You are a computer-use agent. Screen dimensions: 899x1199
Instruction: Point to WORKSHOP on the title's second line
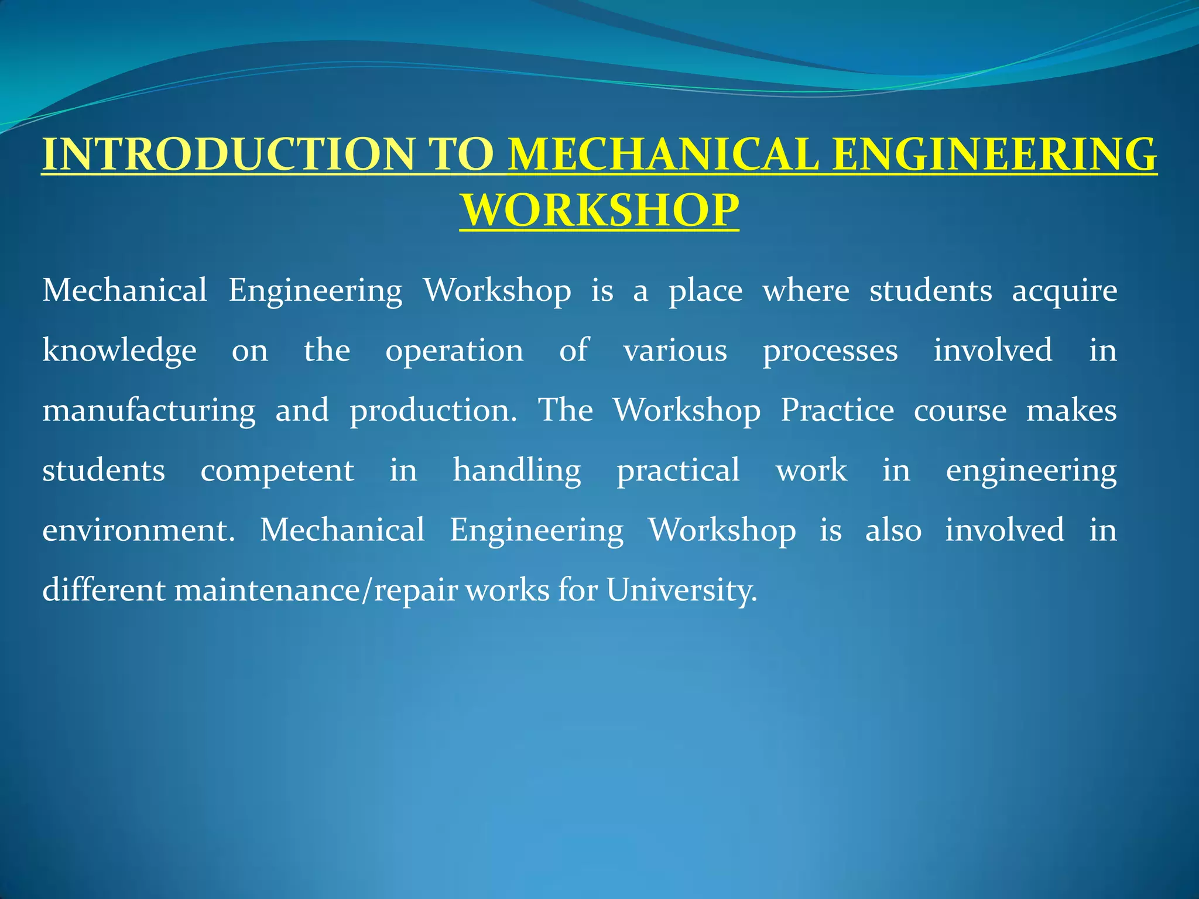point(599,210)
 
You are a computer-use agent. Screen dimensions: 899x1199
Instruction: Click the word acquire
point(1064,291)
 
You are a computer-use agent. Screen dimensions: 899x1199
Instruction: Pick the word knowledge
point(119,351)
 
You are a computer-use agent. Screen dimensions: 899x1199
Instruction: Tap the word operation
point(454,351)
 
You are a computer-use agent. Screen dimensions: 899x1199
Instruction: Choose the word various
point(675,351)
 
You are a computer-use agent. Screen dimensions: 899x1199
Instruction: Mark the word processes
point(830,351)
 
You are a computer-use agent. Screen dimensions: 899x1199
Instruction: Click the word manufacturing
point(149,411)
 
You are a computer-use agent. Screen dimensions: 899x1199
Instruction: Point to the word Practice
point(837,411)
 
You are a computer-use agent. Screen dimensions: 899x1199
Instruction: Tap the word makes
point(1071,411)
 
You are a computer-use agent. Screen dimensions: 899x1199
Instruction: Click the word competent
point(277,471)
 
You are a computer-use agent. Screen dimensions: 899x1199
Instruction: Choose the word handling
point(517,471)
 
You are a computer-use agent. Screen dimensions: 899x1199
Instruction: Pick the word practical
point(678,471)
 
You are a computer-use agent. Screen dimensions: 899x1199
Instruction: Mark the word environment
point(138,530)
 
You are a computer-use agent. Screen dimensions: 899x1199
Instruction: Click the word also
point(893,530)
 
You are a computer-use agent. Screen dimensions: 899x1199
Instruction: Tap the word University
point(681,590)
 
